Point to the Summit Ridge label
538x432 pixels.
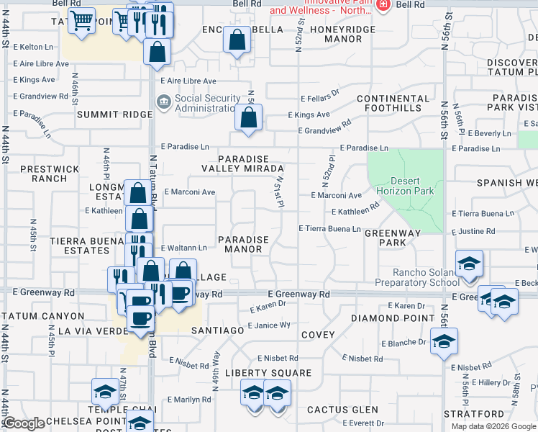click(x=115, y=114)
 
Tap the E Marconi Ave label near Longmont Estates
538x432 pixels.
click(x=190, y=192)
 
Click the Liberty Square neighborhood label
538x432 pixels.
click(x=268, y=373)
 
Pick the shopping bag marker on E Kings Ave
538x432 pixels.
click(x=248, y=118)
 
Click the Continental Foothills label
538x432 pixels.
click(x=388, y=103)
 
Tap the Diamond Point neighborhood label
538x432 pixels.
click(x=383, y=318)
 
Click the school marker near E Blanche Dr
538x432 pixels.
click(x=444, y=341)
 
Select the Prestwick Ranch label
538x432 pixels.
click(x=50, y=174)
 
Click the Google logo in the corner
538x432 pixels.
click(x=24, y=423)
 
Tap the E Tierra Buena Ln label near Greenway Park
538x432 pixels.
click(x=329, y=228)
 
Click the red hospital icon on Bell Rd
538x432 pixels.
click(x=383, y=4)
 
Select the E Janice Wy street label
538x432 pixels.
click(x=269, y=325)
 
